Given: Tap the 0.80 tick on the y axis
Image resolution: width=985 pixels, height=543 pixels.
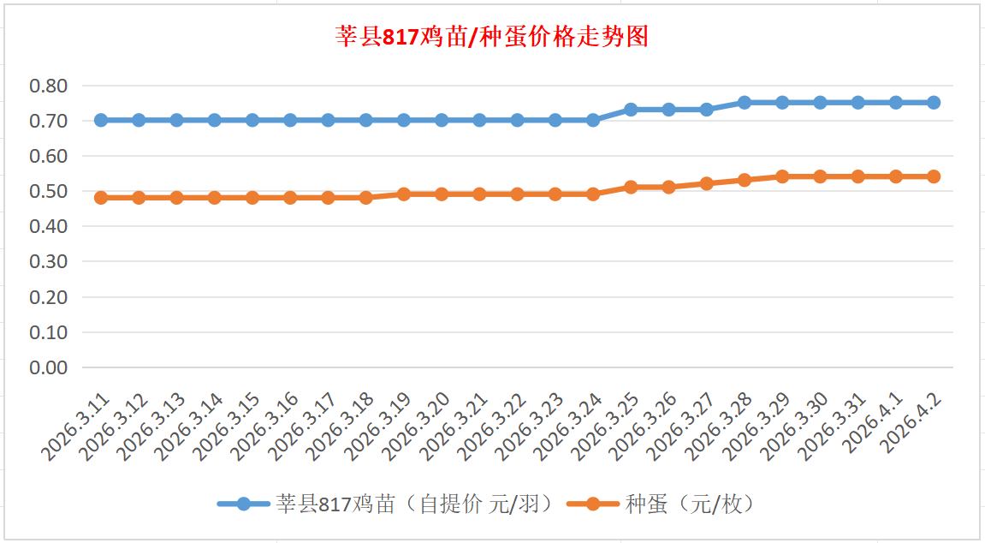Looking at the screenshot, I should pyautogui.click(x=48, y=86).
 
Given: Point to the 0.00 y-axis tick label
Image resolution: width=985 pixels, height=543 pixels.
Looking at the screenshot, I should pyautogui.click(x=48, y=367).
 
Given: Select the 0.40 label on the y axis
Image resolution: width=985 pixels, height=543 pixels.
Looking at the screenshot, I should pyautogui.click(x=48, y=227).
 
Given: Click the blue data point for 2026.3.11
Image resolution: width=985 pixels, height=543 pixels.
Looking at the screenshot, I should pyautogui.click(x=101, y=120).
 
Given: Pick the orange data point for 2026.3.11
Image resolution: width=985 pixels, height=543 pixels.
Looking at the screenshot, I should pyautogui.click(x=101, y=198).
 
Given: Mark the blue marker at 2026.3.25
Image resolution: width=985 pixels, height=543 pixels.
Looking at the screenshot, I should pyautogui.click(x=631, y=110).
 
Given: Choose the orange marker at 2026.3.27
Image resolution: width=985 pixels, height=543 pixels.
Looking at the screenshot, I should pyautogui.click(x=707, y=183).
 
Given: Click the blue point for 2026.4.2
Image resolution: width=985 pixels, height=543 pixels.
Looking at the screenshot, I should pyautogui.click(x=934, y=103).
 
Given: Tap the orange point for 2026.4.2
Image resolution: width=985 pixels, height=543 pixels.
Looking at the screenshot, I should pyautogui.click(x=934, y=176).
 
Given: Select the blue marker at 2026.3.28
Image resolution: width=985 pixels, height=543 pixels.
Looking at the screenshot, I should pyautogui.click(x=745, y=103).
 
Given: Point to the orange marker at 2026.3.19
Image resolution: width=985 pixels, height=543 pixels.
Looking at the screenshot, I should pyautogui.click(x=404, y=194).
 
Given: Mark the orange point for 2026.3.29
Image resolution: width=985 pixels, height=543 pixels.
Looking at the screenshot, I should pyautogui.click(x=782, y=176).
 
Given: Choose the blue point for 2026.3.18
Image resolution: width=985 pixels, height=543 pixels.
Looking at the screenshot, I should pyautogui.click(x=366, y=120).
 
